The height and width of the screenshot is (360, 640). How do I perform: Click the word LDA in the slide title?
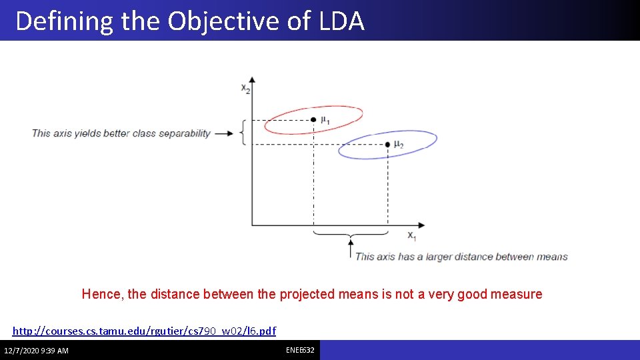click(341, 21)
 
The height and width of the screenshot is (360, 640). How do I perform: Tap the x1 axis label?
click(412, 235)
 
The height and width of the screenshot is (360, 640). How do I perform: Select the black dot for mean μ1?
click(313, 120)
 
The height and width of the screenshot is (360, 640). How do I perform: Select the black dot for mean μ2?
click(387, 144)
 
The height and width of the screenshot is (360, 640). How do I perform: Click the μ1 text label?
click(325, 121)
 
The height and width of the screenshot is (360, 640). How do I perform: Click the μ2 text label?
click(399, 145)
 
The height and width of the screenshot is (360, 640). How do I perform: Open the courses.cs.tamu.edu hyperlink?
click(144, 331)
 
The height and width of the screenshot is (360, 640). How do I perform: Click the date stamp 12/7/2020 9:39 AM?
click(36, 351)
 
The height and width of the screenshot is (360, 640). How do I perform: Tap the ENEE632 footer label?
click(300, 350)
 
